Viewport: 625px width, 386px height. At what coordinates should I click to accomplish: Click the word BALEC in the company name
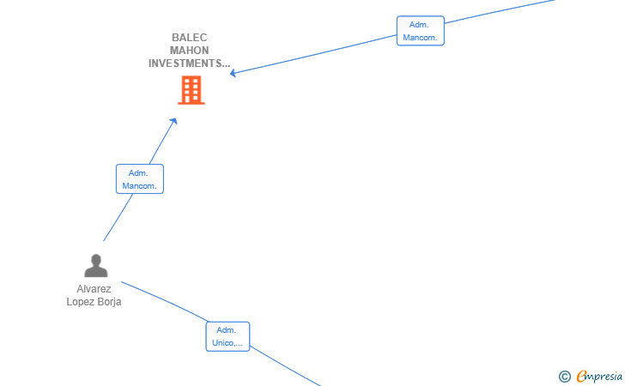click(190, 38)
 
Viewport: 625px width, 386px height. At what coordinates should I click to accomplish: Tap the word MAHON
click(190, 51)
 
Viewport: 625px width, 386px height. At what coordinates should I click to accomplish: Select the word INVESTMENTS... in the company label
click(190, 63)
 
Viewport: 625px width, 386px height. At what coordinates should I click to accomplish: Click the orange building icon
click(191, 90)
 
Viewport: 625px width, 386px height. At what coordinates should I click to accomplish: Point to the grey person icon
click(96, 266)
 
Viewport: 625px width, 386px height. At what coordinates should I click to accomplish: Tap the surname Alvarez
click(94, 289)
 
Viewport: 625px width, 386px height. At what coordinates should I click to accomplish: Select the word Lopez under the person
click(79, 302)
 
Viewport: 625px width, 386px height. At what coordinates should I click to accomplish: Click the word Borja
click(107, 302)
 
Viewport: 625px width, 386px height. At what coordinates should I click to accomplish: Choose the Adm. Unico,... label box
click(228, 336)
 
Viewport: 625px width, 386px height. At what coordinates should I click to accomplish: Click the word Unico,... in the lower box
click(228, 343)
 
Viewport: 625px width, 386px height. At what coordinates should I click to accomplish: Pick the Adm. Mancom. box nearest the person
click(140, 179)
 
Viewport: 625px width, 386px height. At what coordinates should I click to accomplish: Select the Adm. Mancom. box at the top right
click(421, 31)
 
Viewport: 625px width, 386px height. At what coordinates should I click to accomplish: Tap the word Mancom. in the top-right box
click(420, 38)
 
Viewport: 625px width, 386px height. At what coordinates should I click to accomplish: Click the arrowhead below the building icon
click(173, 121)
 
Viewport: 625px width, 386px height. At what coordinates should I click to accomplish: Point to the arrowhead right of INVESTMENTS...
click(234, 73)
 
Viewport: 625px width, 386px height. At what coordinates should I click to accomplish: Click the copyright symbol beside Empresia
click(565, 377)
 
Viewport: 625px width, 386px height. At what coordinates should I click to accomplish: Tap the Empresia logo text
click(599, 377)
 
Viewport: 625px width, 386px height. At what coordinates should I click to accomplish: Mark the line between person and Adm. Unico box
click(164, 301)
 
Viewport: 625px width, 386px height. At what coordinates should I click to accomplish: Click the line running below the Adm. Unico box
click(285, 366)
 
